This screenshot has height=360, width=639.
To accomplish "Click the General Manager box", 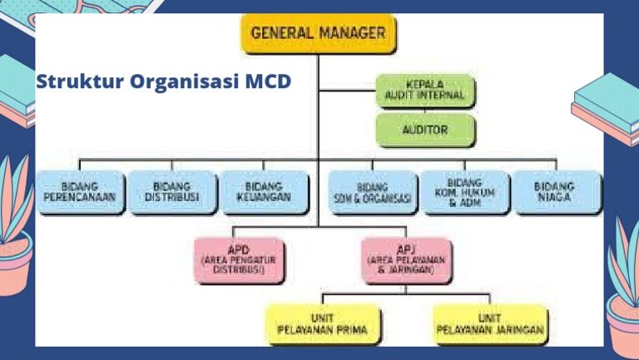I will point(318,35).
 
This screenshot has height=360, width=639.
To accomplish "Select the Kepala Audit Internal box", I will point(425,92).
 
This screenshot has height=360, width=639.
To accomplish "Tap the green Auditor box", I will point(425,131).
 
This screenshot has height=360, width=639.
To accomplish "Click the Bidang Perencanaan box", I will point(80,192).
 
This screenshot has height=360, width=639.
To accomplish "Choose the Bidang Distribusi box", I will point(172,192).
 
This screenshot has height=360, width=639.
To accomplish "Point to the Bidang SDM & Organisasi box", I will point(374,193).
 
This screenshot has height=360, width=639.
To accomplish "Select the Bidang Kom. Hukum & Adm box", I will point(465,193).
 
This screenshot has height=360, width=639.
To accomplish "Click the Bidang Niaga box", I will point(555,192).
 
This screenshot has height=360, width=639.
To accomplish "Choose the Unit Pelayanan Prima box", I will point(323,325).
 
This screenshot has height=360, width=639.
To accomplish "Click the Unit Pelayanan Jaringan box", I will point(491,325).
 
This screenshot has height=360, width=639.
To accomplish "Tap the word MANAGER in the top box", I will point(353,34).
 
